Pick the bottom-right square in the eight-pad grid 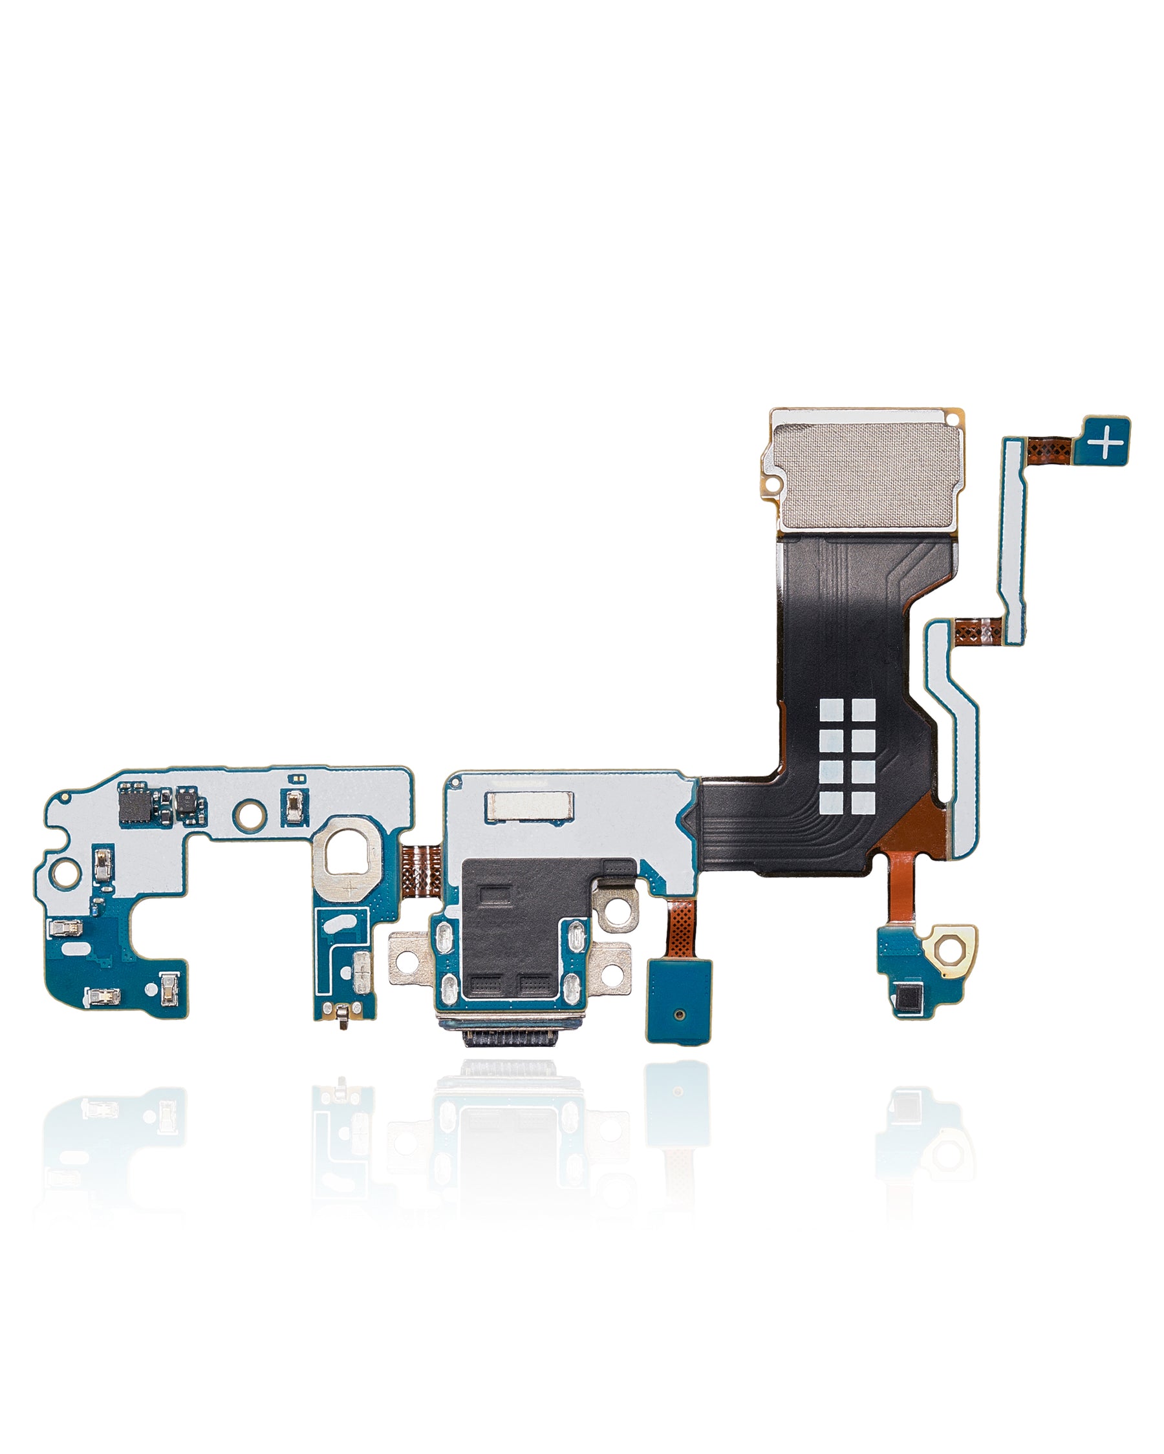863,802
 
